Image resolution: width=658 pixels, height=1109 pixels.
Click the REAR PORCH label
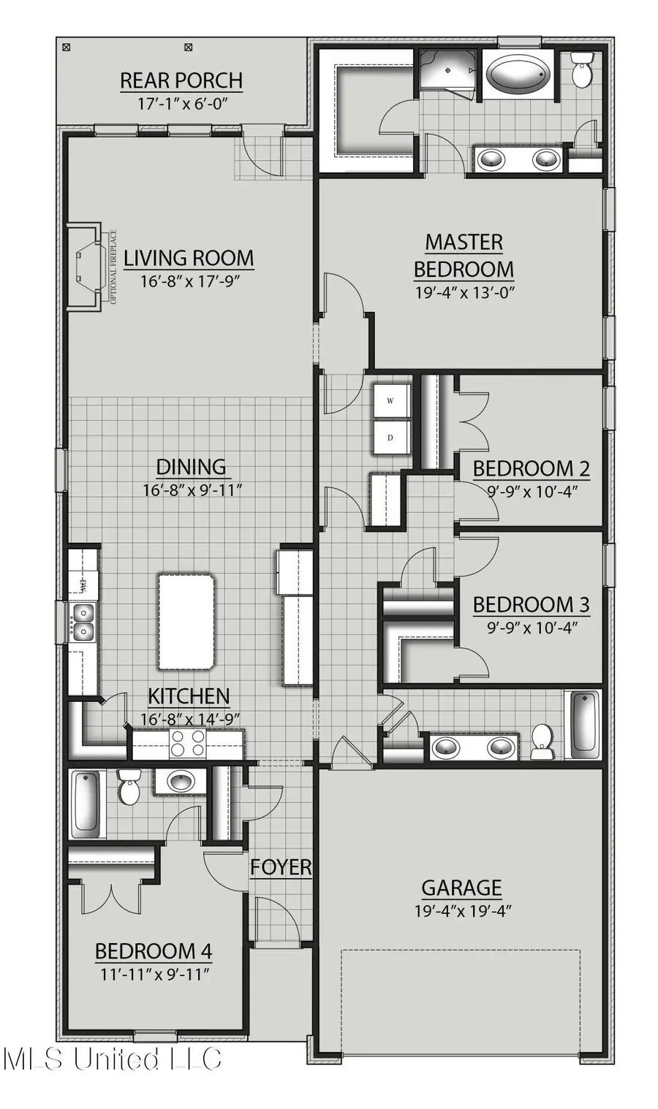pyautogui.click(x=181, y=80)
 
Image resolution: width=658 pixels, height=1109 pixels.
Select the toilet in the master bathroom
pyautogui.click(x=582, y=70)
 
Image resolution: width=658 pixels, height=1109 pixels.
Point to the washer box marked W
pyautogui.click(x=390, y=400)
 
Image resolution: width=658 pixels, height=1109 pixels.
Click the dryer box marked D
pyautogui.click(x=390, y=438)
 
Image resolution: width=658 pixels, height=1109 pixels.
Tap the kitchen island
pyautogui.click(x=187, y=621)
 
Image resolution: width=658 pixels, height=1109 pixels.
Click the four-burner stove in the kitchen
pyautogui.click(x=187, y=744)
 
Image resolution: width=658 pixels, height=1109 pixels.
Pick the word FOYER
pyautogui.click(x=281, y=867)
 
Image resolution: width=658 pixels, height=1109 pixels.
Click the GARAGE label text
pyautogui.click(x=461, y=888)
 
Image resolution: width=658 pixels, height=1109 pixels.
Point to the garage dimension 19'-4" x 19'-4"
pyautogui.click(x=461, y=911)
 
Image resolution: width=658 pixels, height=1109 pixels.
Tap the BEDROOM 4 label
pyautogui.click(x=154, y=951)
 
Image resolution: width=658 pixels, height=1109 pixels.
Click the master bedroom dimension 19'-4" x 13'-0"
pyautogui.click(x=464, y=293)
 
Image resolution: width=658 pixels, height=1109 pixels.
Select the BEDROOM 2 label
pyautogui.click(x=532, y=468)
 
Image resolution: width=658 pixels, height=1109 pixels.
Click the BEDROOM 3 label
pyautogui.click(x=532, y=605)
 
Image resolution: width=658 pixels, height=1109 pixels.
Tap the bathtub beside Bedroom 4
pyautogui.click(x=86, y=804)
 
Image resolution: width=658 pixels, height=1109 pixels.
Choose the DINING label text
pyautogui.click(x=191, y=467)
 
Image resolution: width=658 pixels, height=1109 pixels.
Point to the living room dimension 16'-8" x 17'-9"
pyautogui.click(x=189, y=281)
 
